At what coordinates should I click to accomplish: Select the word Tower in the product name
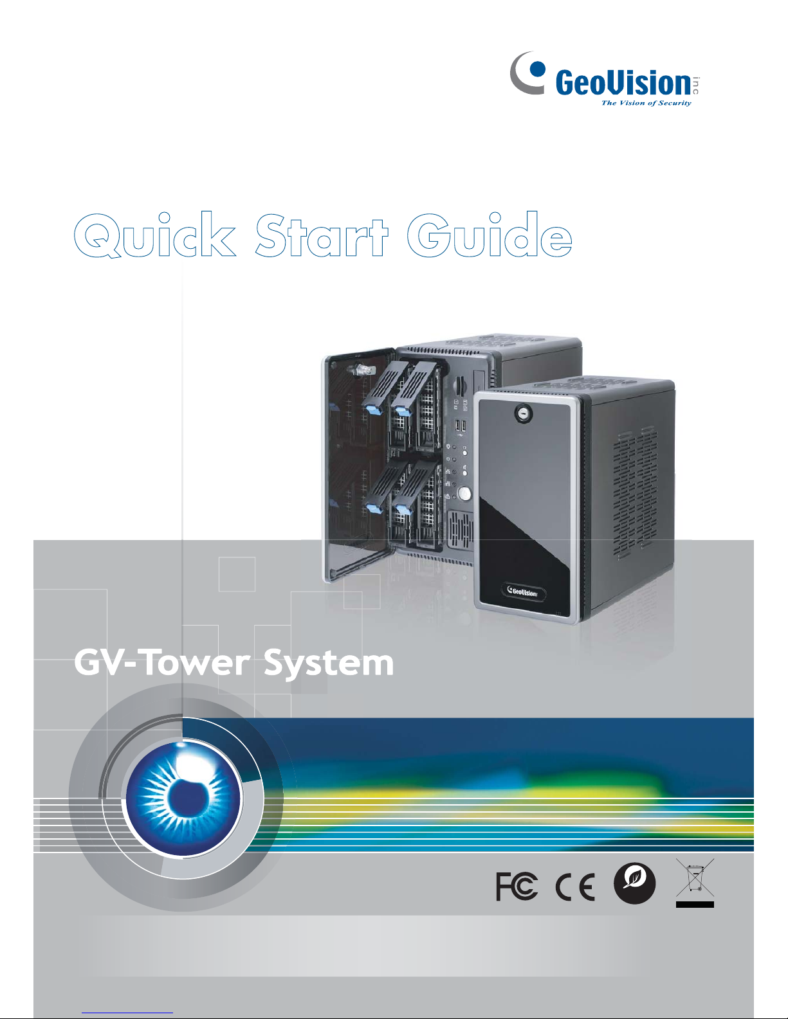[x=197, y=663]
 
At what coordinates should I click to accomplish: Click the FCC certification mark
[x=517, y=887]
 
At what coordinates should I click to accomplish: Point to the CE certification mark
[x=575, y=887]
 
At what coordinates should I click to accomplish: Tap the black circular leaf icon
[x=634, y=884]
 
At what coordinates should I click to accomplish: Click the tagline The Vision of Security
[x=646, y=103]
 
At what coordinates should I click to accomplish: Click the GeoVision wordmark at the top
[x=623, y=84]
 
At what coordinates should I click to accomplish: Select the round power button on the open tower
[x=463, y=494]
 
